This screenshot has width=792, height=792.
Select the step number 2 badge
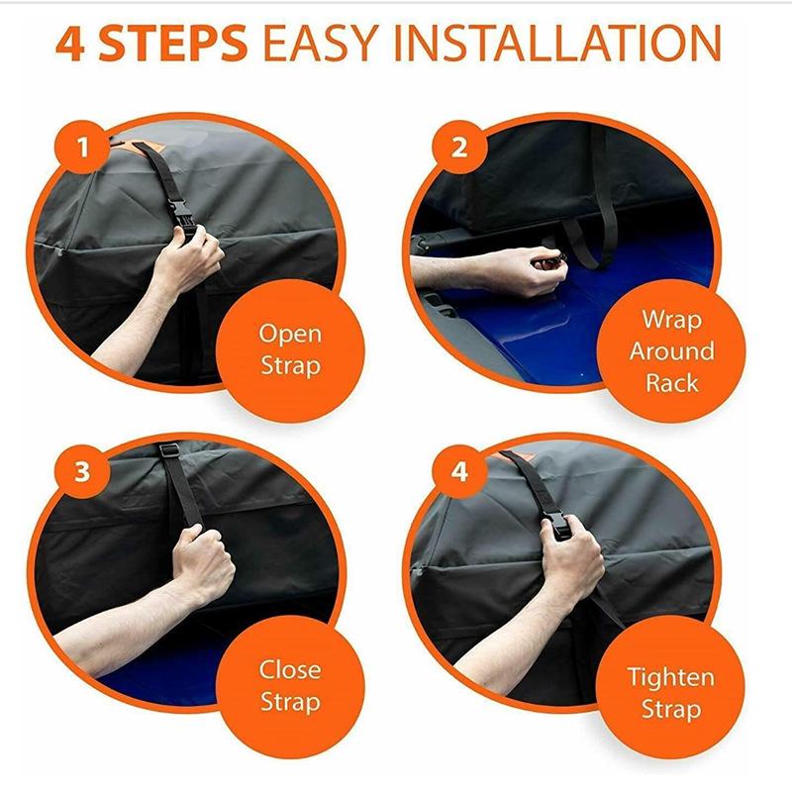click(457, 148)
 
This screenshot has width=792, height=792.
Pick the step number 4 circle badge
click(457, 471)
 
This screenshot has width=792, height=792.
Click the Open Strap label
click(290, 349)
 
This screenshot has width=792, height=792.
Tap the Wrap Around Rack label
click(672, 350)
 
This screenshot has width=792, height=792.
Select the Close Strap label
click(290, 686)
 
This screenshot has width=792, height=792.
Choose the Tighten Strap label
click(670, 693)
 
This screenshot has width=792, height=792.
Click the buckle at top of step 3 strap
click(168, 450)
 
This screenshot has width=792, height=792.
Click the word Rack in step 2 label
click(672, 382)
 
